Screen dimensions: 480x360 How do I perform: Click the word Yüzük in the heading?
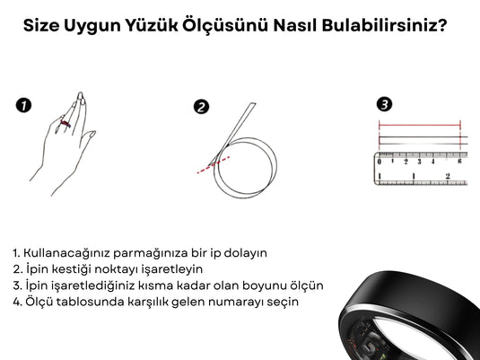coord(152,25)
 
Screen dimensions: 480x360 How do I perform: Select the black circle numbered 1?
coord(23,105)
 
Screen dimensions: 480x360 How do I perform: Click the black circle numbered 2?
coord(202,107)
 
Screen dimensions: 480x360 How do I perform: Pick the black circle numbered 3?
coord(384,104)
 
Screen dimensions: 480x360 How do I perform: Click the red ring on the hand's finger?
coord(65,124)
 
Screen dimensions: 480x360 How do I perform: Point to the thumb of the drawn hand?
coord(88,137)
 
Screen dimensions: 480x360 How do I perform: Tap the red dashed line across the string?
coord(214,165)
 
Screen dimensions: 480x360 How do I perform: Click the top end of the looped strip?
coord(254,103)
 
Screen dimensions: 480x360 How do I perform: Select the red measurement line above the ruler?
coord(420,125)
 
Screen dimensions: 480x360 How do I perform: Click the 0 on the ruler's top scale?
coord(380,162)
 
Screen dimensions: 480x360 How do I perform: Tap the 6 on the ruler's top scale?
coord(459,162)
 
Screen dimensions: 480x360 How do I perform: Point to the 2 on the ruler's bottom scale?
coord(448,176)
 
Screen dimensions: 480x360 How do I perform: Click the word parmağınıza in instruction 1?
coord(150,253)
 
